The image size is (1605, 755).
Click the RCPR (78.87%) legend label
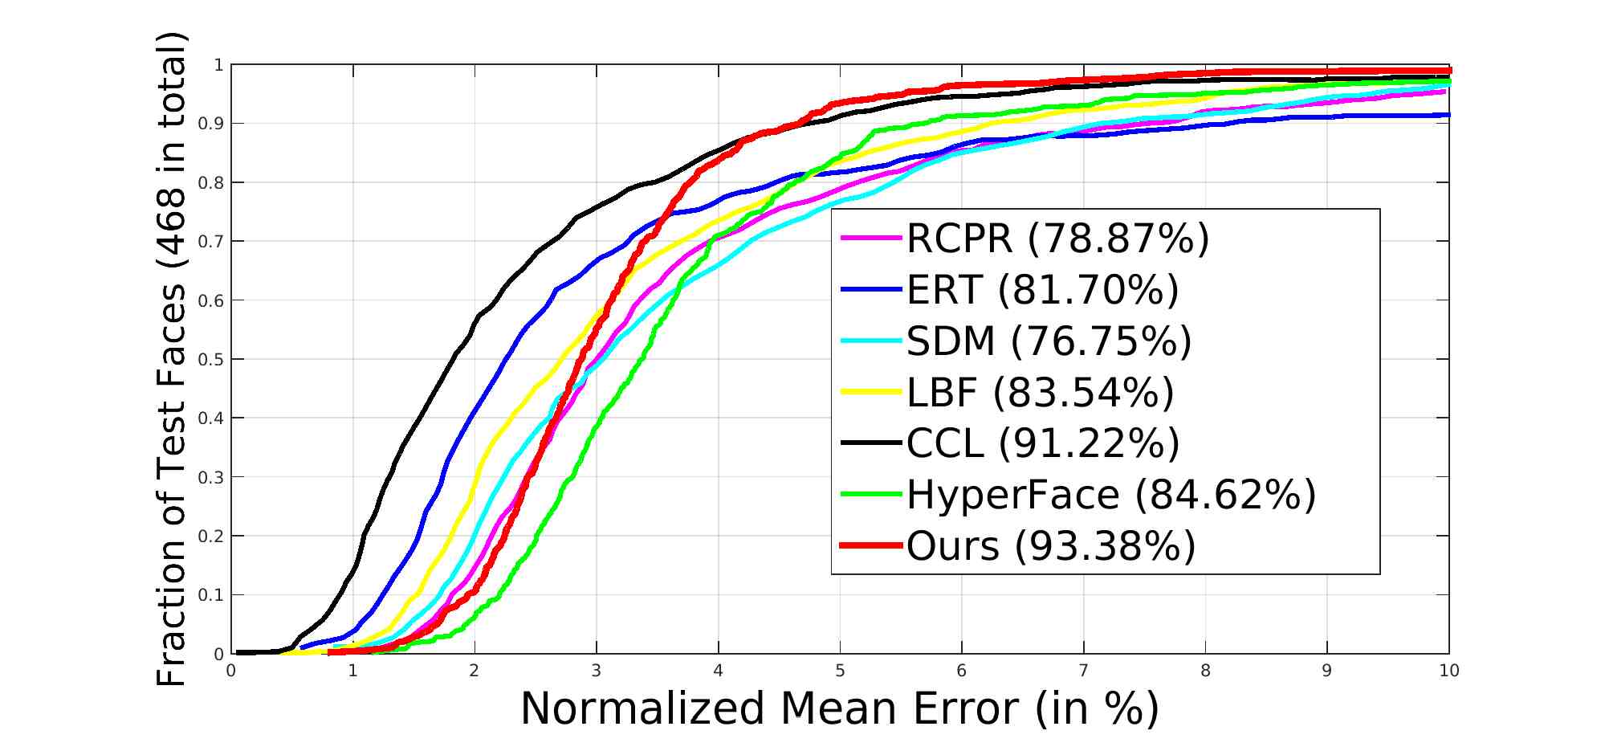tap(1057, 238)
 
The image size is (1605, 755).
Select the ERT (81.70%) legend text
tap(1042, 289)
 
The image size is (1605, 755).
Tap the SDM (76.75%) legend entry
tap(1049, 341)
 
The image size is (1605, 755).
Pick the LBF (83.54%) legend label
tap(1040, 392)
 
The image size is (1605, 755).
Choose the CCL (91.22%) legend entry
tap(1042, 443)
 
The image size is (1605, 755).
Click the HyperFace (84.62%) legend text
tap(1111, 495)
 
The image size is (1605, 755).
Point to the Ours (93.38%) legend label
tap(1051, 546)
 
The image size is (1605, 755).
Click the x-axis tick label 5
tap(840, 671)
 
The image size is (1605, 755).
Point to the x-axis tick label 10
tap(1448, 671)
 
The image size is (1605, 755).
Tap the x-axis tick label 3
tap(597, 671)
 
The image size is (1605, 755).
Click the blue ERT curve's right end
tap(1447, 115)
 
